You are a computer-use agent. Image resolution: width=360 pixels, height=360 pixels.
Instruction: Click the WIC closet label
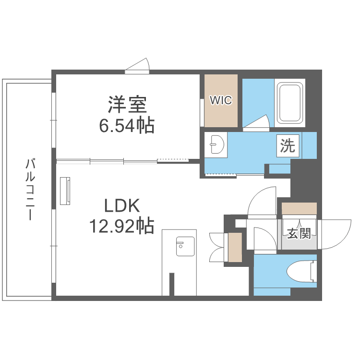[x=221, y=100]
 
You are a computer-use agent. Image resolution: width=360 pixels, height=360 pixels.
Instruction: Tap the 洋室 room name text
[x=127, y=104]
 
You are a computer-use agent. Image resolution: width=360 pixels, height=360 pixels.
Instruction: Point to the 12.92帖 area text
[x=121, y=225]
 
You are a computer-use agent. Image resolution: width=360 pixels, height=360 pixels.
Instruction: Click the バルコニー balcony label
[x=30, y=189]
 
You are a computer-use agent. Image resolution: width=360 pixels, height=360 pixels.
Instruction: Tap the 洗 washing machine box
[x=288, y=145]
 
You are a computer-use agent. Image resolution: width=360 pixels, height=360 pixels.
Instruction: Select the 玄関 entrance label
[x=299, y=234]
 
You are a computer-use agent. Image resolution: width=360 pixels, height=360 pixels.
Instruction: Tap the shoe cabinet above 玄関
[x=299, y=209]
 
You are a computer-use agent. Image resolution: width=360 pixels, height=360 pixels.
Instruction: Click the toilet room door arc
[x=263, y=238]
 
